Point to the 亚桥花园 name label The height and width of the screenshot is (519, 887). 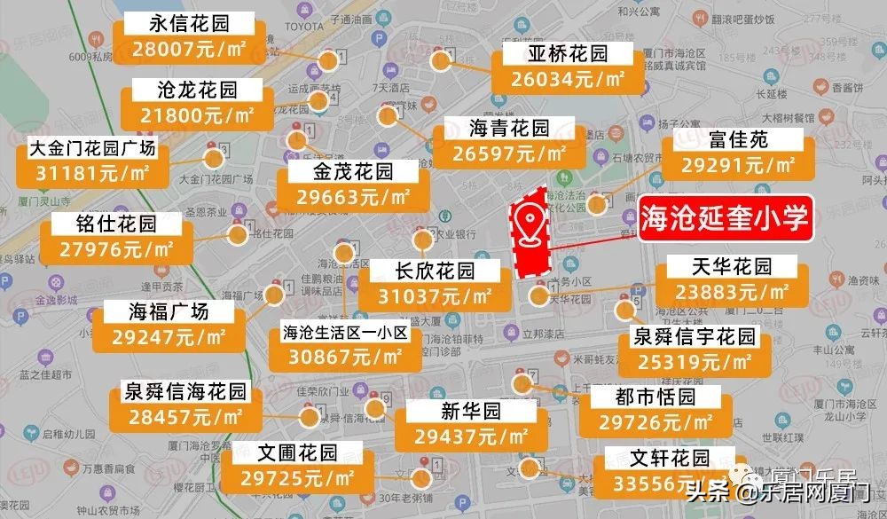568,54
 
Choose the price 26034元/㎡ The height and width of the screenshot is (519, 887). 568,79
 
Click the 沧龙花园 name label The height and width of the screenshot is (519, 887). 197,90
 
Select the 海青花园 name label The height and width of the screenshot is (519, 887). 509,129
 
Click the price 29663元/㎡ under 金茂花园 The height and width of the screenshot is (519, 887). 353,197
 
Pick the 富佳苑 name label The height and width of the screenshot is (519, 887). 739,140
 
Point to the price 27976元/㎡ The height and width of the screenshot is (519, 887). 117,248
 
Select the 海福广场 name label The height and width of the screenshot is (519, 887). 169,311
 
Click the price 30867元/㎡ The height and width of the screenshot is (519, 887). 344,357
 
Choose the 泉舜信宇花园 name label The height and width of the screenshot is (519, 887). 694,337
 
